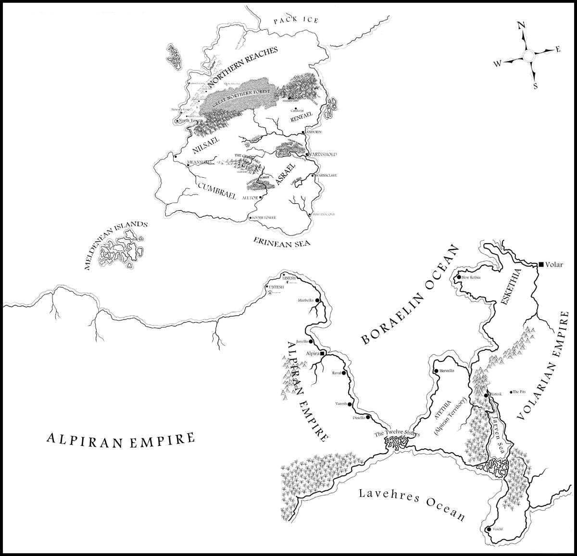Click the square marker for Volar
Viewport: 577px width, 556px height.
[541, 264]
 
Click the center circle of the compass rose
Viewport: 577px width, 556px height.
[527, 56]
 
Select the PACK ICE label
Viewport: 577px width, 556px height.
[296, 20]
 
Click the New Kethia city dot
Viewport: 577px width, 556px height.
[459, 278]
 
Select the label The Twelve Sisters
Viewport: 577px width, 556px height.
[397, 434]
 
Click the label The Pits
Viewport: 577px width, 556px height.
[520, 392]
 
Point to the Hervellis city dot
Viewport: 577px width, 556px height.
[436, 371]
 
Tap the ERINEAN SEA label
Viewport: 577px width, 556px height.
[282, 240]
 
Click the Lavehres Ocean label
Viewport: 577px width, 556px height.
[412, 506]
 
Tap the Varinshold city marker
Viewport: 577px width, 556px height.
[307, 154]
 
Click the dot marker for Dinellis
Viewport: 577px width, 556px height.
[368, 417]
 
